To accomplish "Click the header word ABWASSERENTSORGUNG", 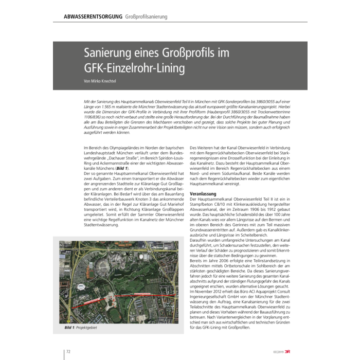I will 93,16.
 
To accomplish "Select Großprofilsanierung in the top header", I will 146,16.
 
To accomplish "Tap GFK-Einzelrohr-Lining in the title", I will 135,68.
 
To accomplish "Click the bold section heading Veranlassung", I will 203,194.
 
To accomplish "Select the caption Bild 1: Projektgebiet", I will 80,327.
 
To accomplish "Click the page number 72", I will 67,351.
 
